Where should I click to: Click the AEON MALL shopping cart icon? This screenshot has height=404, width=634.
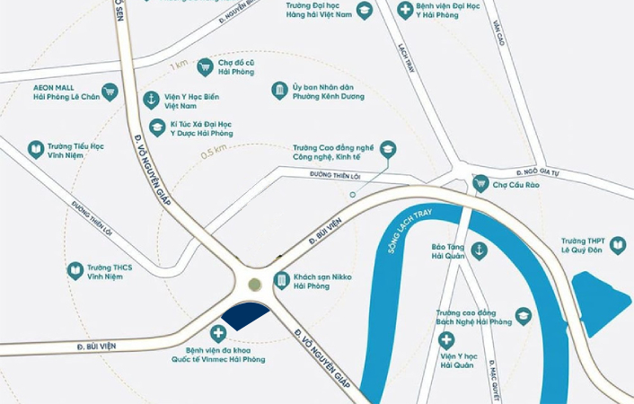pyautogui.click(x=110, y=91)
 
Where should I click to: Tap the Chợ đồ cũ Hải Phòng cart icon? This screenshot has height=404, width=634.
pyautogui.click(x=205, y=66)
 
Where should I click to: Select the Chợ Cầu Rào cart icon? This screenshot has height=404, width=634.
pyautogui.click(x=480, y=183)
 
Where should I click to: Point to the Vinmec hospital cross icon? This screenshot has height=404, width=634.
pyautogui.click(x=217, y=333)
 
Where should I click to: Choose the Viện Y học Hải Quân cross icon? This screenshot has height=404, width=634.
pyautogui.click(x=445, y=340)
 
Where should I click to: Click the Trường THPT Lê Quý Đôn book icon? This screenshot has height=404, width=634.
pyautogui.click(x=618, y=245)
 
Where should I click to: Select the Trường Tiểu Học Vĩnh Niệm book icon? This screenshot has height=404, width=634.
pyautogui.click(x=36, y=150)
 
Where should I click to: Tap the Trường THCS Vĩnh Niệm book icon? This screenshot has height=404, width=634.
pyautogui.click(x=75, y=270)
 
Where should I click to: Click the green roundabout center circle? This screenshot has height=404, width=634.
pyautogui.click(x=255, y=285)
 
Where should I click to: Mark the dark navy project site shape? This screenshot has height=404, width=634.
pyautogui.click(x=244, y=315)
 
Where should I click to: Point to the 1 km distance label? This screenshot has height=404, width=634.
pyautogui.click(x=179, y=66)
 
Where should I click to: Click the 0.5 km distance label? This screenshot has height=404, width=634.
pyautogui.click(x=214, y=152)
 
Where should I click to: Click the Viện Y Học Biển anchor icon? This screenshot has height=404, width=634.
pyautogui.click(x=151, y=100)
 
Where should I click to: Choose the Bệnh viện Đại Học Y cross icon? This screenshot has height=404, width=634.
pyautogui.click(x=406, y=11)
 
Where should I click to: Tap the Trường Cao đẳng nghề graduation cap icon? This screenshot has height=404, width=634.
pyautogui.click(x=388, y=149)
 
